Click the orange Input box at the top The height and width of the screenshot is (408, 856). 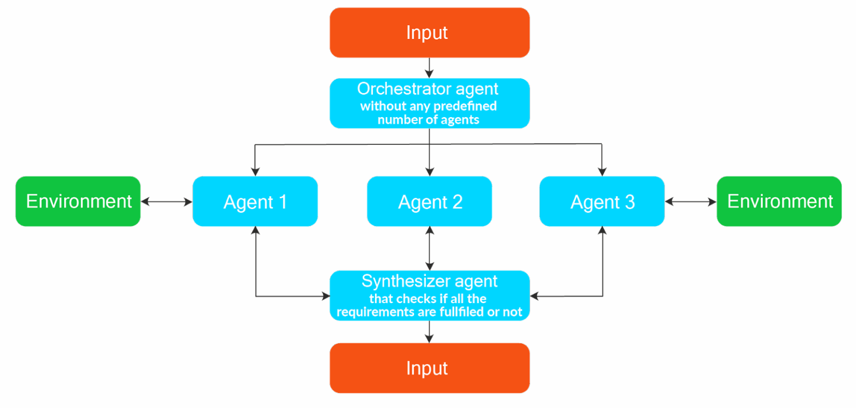tap(429, 32)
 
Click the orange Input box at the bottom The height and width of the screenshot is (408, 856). tap(429, 368)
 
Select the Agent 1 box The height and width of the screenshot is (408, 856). tap(255, 201)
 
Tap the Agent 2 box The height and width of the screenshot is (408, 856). tap(429, 201)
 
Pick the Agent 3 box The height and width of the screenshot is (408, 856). tap(602, 201)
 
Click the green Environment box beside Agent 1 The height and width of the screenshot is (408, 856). tap(78, 201)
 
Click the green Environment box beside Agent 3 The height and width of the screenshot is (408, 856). tap(779, 201)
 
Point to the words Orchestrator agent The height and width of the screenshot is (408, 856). tap(428, 89)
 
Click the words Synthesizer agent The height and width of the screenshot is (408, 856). tap(429, 281)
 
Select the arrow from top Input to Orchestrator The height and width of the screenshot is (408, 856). tap(429, 67)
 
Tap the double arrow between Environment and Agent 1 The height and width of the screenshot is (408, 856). tap(167, 202)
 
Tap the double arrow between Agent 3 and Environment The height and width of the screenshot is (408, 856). tap(690, 202)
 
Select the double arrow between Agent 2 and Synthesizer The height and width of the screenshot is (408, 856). tap(429, 248)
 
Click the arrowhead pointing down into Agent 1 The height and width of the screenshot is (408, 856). tap(255, 171)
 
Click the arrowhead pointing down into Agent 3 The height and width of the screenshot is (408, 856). tap(602, 171)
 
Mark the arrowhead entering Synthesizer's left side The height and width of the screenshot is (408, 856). tap(325, 297)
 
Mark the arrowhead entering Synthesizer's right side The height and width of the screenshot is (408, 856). tap(534, 297)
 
